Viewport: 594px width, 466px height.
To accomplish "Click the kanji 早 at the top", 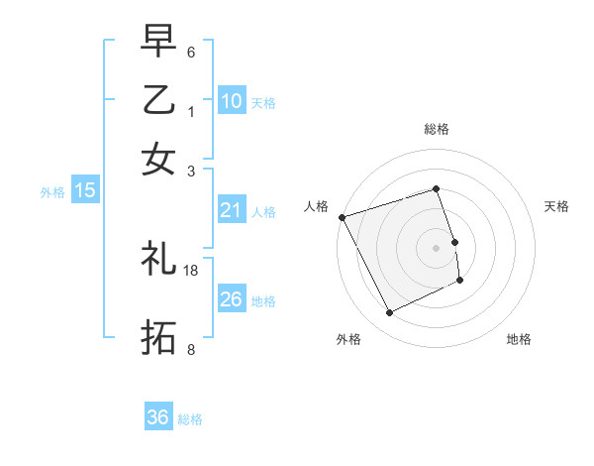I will [x=158, y=43].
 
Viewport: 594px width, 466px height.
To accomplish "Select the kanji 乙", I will [x=158, y=100].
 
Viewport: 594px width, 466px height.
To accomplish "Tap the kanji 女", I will [x=158, y=158].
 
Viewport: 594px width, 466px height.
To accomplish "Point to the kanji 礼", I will [x=158, y=260].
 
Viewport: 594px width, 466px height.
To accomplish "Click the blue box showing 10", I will [x=232, y=101].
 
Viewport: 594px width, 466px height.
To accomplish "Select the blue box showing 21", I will [x=232, y=210].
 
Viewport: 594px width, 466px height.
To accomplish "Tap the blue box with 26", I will [x=232, y=299].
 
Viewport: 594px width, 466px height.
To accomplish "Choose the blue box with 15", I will [x=85, y=190].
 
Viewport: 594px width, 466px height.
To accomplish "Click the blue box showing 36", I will [x=158, y=417].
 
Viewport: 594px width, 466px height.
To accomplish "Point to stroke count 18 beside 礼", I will [x=191, y=270].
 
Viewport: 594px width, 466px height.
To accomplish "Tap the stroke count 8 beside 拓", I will [x=191, y=349].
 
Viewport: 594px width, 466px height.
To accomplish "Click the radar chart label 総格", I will [x=437, y=129].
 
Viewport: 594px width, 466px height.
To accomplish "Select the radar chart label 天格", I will [x=556, y=206].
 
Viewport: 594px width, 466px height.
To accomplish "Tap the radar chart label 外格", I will [x=348, y=339].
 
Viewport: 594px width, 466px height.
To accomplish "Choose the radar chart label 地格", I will [x=519, y=339].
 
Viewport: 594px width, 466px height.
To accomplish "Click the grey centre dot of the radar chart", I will [x=437, y=248].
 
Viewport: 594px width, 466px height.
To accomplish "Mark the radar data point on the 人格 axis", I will [x=342, y=217].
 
